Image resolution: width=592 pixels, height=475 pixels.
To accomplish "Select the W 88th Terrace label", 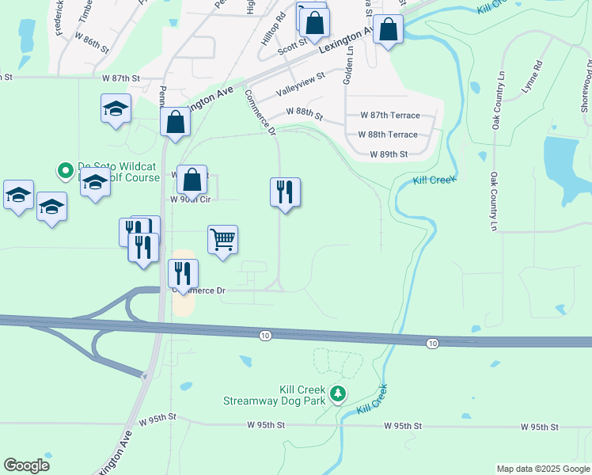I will pos(388,135).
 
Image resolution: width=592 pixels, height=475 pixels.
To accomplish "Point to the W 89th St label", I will pos(389,154).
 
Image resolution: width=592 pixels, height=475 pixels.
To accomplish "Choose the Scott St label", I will pos(292,50).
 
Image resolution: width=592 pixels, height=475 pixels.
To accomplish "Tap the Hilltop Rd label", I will pos(271,28).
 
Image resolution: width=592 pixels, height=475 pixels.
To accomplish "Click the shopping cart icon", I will pos(223,239).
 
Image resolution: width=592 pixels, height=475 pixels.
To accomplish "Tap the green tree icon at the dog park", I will pos(338,393).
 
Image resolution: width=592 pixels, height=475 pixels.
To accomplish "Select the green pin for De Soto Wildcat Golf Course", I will pos(65,169).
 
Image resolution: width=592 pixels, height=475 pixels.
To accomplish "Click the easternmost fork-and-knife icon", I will pos(285,192).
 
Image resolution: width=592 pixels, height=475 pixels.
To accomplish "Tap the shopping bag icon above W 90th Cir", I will pos(192,180).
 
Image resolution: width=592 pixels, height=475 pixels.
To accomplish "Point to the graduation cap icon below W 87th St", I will pos(116,108).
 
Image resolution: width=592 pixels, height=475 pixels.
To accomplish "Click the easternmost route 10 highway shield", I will pos(431,343).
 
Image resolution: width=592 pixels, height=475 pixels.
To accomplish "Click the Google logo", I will pos(26,465).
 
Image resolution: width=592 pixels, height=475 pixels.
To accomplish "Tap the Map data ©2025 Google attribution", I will pos(542,469).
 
